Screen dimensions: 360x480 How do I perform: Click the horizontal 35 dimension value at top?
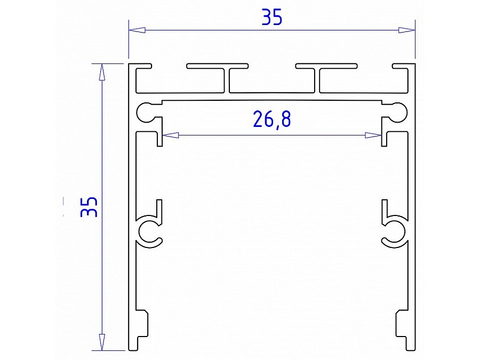(x=271, y=18)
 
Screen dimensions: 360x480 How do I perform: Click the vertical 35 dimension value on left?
(x=89, y=206)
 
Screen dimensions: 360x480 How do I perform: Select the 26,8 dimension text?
(x=272, y=119)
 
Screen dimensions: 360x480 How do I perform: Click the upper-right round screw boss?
(x=397, y=111)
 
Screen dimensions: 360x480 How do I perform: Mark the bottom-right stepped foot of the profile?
(x=403, y=331)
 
